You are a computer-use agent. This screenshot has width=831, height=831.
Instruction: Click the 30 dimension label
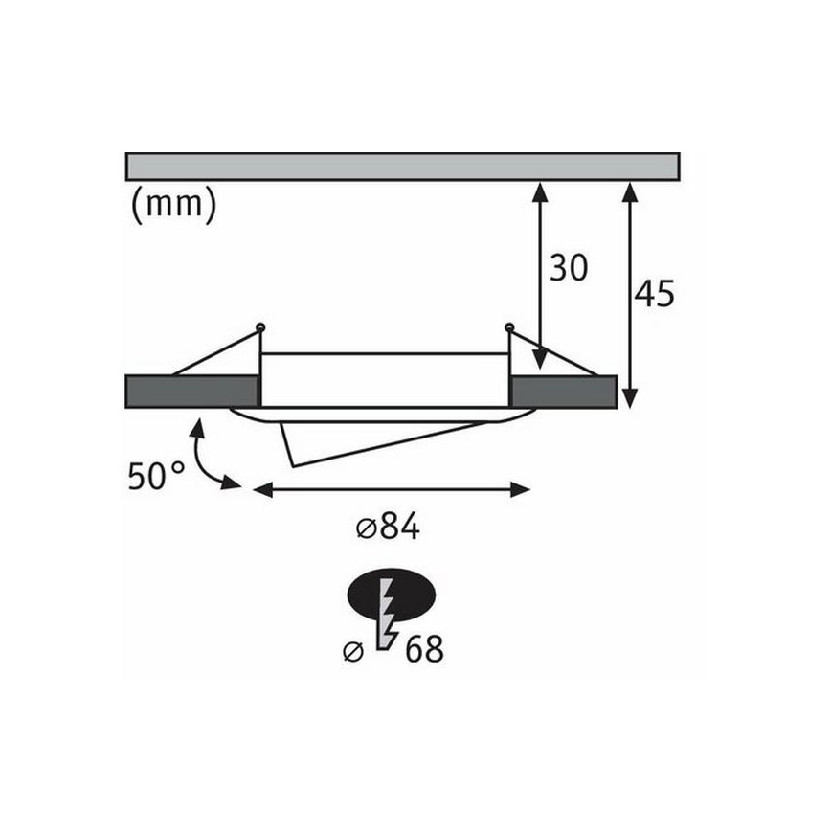tap(568, 269)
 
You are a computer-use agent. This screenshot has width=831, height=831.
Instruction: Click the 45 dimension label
tap(654, 295)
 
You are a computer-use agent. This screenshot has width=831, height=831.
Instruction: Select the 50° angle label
tap(156, 476)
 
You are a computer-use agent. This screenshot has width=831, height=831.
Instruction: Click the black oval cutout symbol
tap(392, 595)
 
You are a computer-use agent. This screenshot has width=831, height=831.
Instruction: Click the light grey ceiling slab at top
tap(402, 166)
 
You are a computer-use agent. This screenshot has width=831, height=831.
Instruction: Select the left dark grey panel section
tap(191, 392)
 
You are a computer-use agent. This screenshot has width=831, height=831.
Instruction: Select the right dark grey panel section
tap(563, 392)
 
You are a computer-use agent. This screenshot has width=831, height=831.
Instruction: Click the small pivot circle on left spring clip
tap(259, 327)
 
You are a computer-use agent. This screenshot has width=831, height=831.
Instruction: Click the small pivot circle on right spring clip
tap(509, 327)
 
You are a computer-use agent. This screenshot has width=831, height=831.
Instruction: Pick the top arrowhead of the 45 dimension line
tap(629, 191)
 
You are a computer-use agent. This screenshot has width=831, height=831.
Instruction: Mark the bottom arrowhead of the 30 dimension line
tap(540, 360)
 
